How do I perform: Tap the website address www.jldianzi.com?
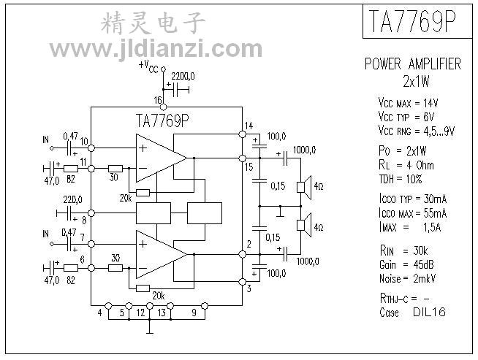click(x=156, y=50)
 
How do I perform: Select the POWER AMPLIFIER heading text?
click(x=413, y=64)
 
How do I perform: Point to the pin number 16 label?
click(x=158, y=100)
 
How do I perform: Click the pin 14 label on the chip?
click(x=249, y=126)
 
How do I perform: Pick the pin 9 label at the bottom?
click(x=194, y=313)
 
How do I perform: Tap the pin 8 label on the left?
click(x=85, y=218)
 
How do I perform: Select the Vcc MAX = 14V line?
click(x=407, y=103)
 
